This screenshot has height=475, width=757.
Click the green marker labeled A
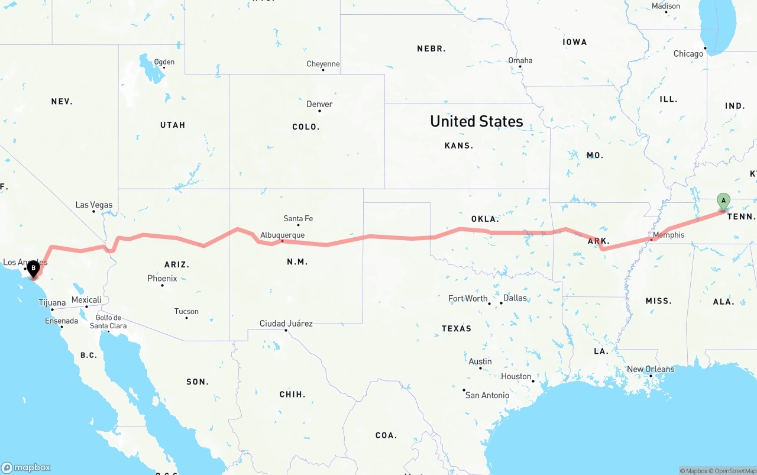point(723,201)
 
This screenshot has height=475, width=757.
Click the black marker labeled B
point(33,269)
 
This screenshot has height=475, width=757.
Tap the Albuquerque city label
point(283,235)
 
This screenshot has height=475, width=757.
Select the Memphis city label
point(669,235)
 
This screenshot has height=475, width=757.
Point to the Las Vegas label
point(93,205)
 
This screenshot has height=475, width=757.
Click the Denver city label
point(319,104)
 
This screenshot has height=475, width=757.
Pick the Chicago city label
point(688,54)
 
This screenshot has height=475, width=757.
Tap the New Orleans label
point(651,369)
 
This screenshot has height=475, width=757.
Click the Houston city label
point(516,376)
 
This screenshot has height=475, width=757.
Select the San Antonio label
point(487,395)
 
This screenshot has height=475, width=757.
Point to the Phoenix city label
point(162,278)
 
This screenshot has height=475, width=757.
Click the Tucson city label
point(186,311)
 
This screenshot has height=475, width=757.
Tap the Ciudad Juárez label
point(286,324)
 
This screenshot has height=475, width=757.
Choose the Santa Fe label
point(298,218)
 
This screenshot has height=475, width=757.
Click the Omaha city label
point(520,60)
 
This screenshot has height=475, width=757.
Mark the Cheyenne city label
point(323,64)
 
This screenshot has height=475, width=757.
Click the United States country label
point(477,121)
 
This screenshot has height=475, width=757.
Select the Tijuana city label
point(52,303)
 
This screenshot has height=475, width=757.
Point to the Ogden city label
point(164,62)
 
